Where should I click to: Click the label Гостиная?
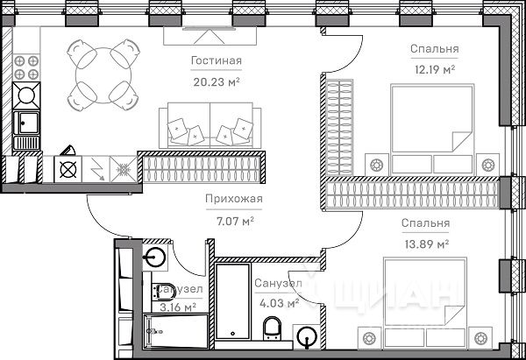pyautogui.click(x=216, y=60)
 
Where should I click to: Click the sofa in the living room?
pyautogui.click(x=210, y=125)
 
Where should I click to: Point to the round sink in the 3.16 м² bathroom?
pyautogui.click(x=155, y=258)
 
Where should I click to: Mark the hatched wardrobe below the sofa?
pyautogui.click(x=203, y=162)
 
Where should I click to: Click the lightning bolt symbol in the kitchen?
pyautogui.click(x=97, y=168)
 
